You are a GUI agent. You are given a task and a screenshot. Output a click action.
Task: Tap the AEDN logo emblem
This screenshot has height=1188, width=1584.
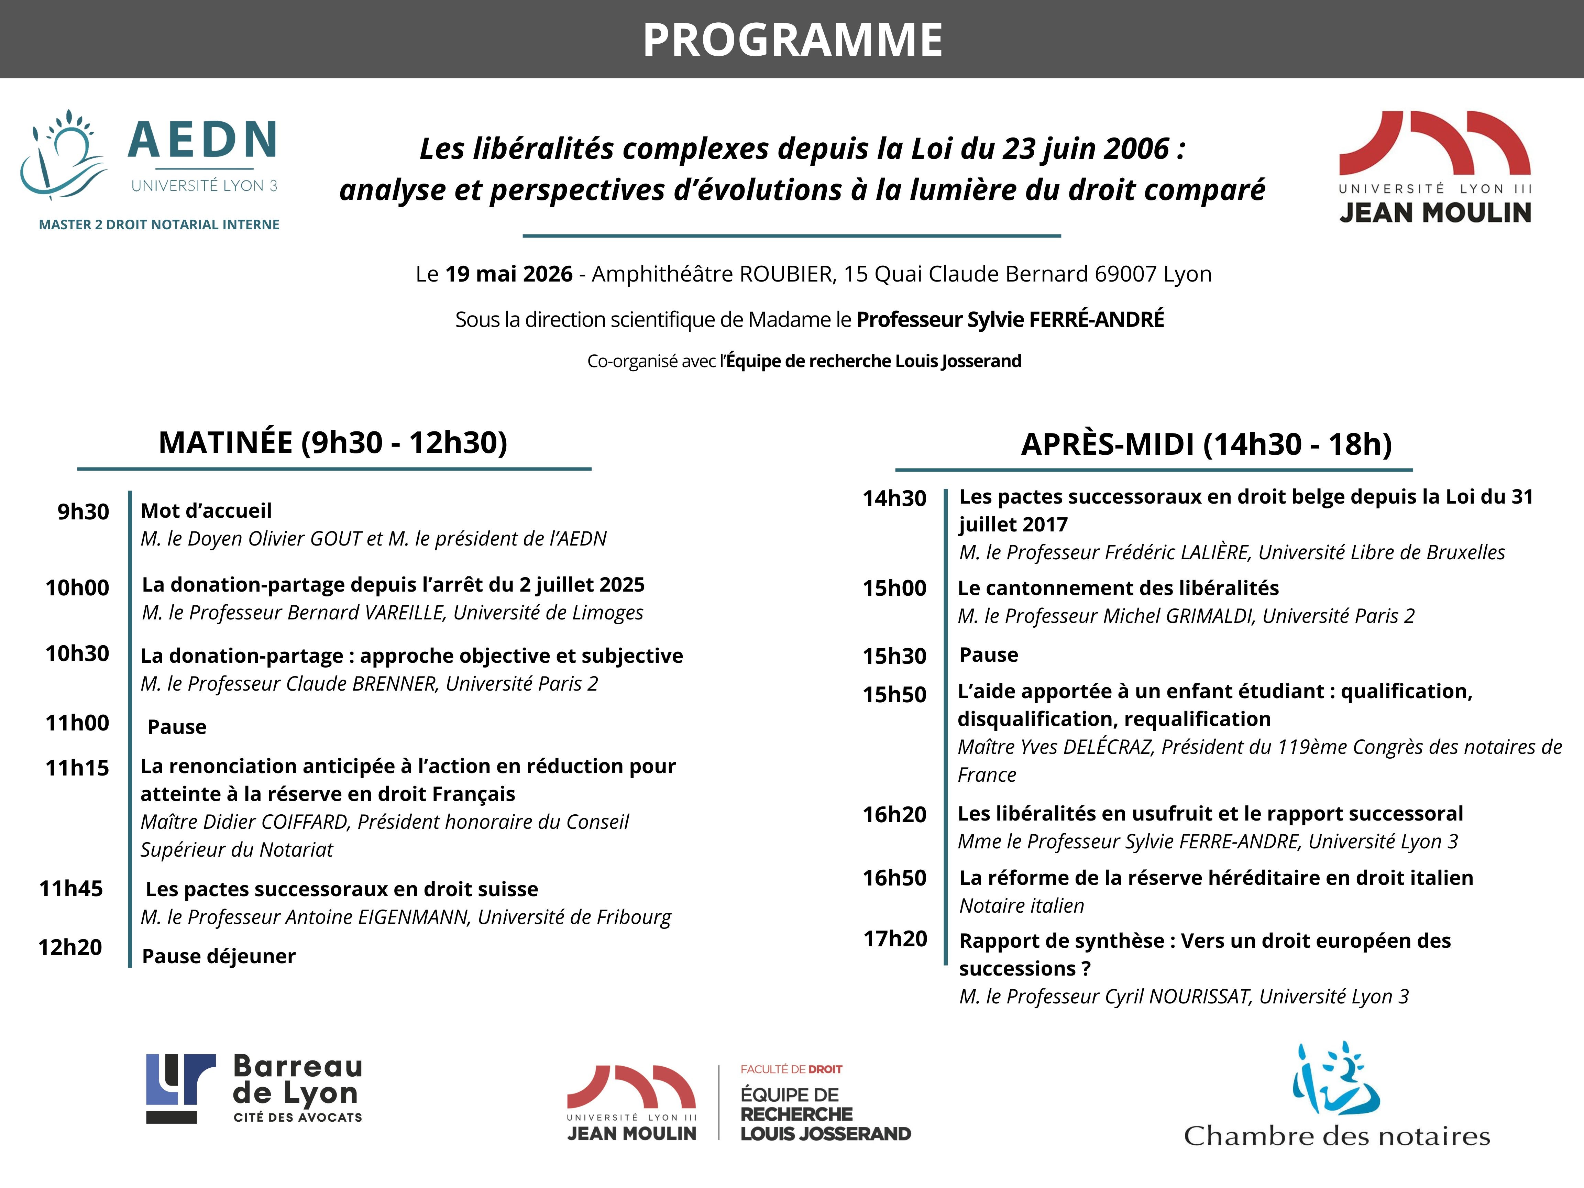[x=63, y=154]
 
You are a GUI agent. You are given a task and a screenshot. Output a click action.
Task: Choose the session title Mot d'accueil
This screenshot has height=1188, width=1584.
[x=206, y=510]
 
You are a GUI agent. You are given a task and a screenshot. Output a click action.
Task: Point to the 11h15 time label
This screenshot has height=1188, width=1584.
[x=77, y=768]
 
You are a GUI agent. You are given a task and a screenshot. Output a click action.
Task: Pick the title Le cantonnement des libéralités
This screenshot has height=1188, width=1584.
[x=1118, y=588]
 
